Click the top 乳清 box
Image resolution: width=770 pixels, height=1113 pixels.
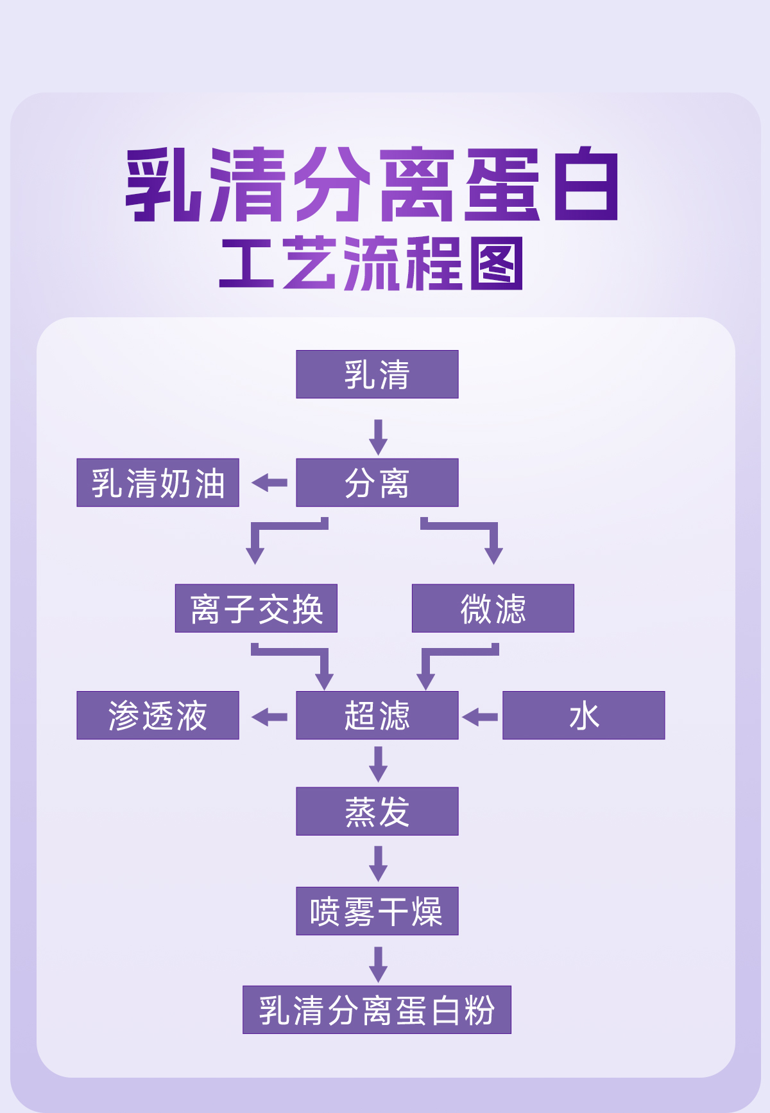[x=377, y=374]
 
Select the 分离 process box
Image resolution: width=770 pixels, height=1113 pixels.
[x=377, y=483]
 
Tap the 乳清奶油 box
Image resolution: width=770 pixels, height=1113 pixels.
[x=158, y=483]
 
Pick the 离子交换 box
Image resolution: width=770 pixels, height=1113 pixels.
[x=256, y=608]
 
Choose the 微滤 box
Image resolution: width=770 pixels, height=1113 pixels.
[x=493, y=608]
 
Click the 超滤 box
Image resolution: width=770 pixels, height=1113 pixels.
[x=377, y=715]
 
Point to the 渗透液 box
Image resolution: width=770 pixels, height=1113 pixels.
[x=158, y=715]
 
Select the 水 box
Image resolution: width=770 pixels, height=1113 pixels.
[x=583, y=715]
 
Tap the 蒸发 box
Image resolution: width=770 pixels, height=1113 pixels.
[x=377, y=811]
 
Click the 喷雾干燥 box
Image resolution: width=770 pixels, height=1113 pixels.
[x=377, y=911]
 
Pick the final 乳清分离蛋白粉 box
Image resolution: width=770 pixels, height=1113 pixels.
[x=377, y=1010]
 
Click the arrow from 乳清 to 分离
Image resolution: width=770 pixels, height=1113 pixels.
[x=378, y=437]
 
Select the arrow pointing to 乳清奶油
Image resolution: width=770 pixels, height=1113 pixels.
[x=269, y=483]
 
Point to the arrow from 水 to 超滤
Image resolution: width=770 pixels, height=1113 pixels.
[x=480, y=717]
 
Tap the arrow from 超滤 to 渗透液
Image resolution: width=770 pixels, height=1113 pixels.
[x=269, y=717]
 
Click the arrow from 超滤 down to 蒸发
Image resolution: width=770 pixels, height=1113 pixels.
[x=378, y=764]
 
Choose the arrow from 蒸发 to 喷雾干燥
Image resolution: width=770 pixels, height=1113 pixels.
[x=378, y=863]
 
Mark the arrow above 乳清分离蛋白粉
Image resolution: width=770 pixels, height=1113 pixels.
[x=378, y=964]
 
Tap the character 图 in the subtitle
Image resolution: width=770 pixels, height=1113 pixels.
[x=496, y=264]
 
